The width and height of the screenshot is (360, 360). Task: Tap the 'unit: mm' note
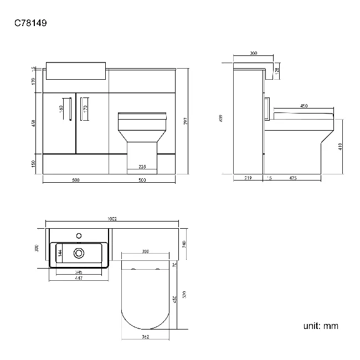point(320,326)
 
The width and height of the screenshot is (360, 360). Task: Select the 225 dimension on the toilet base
point(142,167)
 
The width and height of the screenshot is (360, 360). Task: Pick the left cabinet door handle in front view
point(70,109)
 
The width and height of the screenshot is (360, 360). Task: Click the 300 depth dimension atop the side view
point(254,54)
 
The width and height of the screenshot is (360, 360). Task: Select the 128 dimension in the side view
point(277,71)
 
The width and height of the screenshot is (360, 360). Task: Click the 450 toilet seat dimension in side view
point(304,106)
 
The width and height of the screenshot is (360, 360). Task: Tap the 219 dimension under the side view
point(248,178)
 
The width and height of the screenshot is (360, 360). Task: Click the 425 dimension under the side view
point(293,178)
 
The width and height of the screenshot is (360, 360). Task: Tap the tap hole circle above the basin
point(79,235)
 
